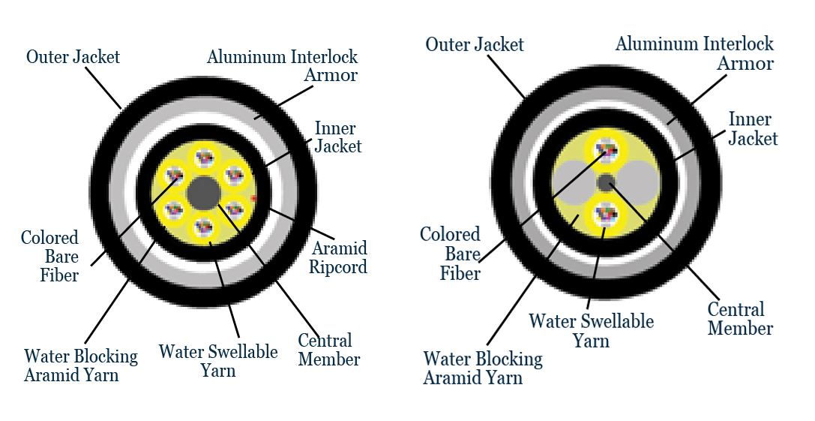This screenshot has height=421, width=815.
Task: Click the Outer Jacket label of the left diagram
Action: coord(73,57)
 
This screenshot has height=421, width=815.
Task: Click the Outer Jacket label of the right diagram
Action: coord(475,45)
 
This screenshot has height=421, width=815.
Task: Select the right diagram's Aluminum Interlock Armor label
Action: coord(694,53)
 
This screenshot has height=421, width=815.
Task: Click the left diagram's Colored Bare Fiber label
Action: coord(49,257)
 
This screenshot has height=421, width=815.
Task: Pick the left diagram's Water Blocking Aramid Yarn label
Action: coord(81,365)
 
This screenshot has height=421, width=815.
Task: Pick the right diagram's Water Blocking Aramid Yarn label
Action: coord(483,368)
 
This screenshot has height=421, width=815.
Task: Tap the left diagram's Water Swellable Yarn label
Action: coord(217,361)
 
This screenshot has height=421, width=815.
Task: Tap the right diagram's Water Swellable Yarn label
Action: coord(591,331)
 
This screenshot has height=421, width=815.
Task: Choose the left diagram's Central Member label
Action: coord(329,350)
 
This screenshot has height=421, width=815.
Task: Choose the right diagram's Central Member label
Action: coord(740,319)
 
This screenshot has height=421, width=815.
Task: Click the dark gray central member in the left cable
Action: coord(202,193)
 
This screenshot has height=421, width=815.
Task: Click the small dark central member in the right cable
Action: coord(606,182)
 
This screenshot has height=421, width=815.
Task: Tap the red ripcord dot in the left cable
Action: coord(254,199)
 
